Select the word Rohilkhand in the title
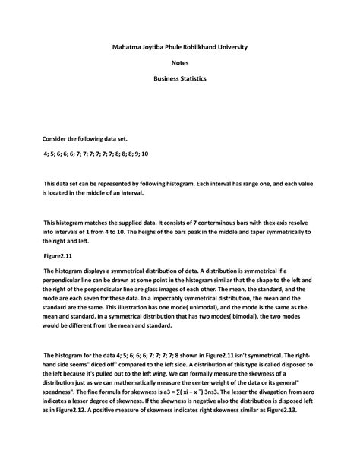[204, 48]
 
